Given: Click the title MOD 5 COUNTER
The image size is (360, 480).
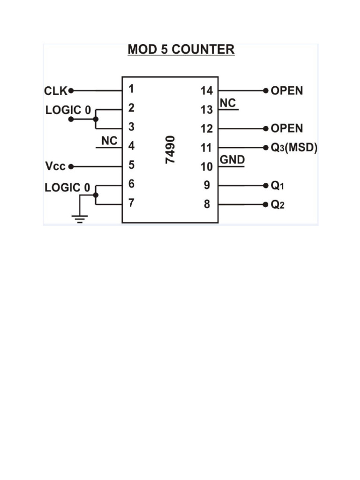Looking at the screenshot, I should (x=181, y=50).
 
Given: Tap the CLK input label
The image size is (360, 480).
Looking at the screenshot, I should (x=56, y=90).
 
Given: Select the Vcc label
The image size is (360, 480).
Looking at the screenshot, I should (x=55, y=166).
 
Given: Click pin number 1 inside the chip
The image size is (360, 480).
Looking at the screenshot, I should (x=131, y=89).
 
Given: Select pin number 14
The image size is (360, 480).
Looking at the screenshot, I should (x=207, y=90).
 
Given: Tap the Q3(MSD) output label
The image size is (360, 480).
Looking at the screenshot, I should (x=294, y=148).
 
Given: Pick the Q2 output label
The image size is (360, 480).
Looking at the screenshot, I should (x=277, y=205).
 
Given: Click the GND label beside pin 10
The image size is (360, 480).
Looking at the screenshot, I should (x=232, y=160).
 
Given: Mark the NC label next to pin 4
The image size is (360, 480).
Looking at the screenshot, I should (x=109, y=141).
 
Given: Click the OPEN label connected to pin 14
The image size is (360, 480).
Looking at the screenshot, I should (x=287, y=90).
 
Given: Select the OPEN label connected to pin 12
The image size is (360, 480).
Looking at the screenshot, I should (x=287, y=128).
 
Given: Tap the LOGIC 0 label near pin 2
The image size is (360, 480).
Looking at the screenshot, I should (x=68, y=110).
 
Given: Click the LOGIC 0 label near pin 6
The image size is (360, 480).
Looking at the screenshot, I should (x=67, y=187).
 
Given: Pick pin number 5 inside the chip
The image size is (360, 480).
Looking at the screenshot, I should (x=132, y=165).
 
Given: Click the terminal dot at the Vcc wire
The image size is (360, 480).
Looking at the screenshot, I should (x=71, y=166).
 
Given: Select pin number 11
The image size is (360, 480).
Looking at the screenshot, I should (x=207, y=148).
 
